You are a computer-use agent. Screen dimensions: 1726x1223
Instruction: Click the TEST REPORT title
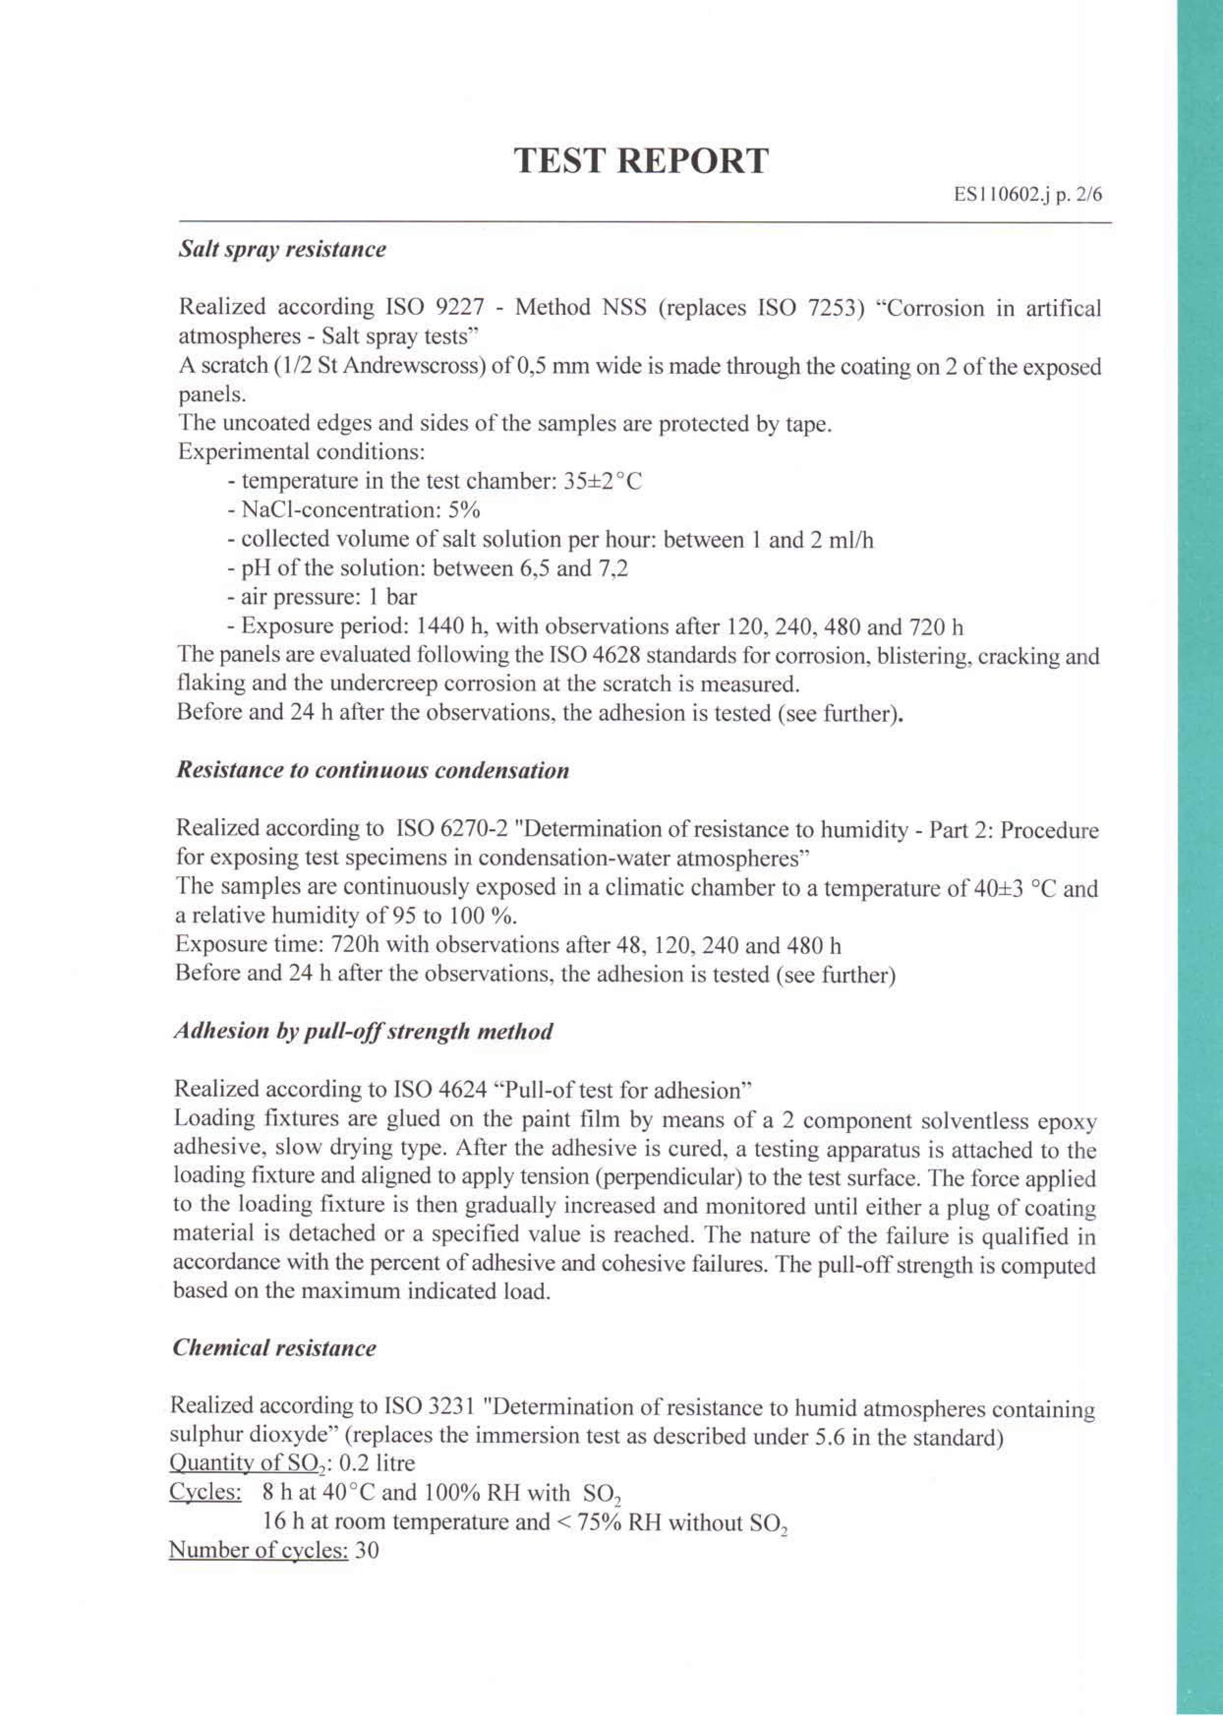[x=642, y=161]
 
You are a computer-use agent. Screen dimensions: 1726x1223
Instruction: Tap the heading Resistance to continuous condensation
[x=372, y=772]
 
